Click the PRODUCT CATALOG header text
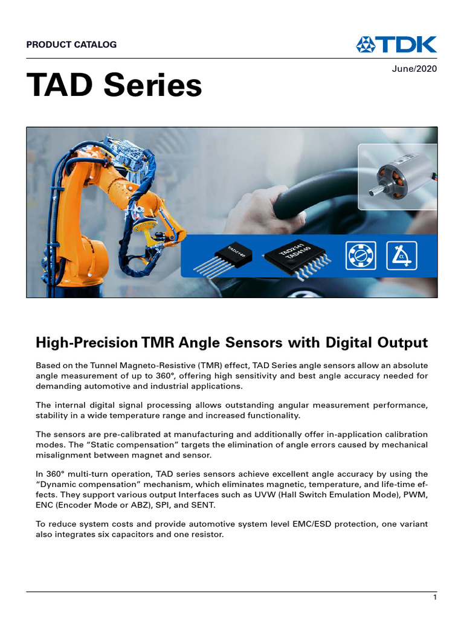pyautogui.click(x=71, y=44)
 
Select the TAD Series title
pyautogui.click(x=114, y=86)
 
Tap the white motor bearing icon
pyautogui.click(x=360, y=255)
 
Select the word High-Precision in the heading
pyautogui.click(x=86, y=343)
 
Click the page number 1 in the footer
pyautogui.click(x=434, y=597)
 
